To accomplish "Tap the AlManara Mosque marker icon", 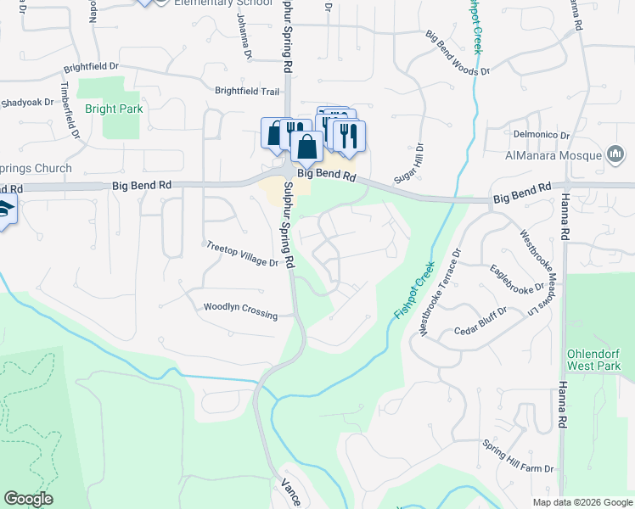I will (x=615, y=154).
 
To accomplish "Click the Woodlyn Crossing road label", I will (x=240, y=310).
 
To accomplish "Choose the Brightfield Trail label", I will (x=247, y=91).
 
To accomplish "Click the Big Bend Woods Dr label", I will (x=458, y=54).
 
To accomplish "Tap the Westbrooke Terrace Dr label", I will (x=440, y=291).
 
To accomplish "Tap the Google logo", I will (x=28, y=499).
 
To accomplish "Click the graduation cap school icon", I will (x=4, y=209).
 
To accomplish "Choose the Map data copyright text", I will (x=582, y=501).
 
